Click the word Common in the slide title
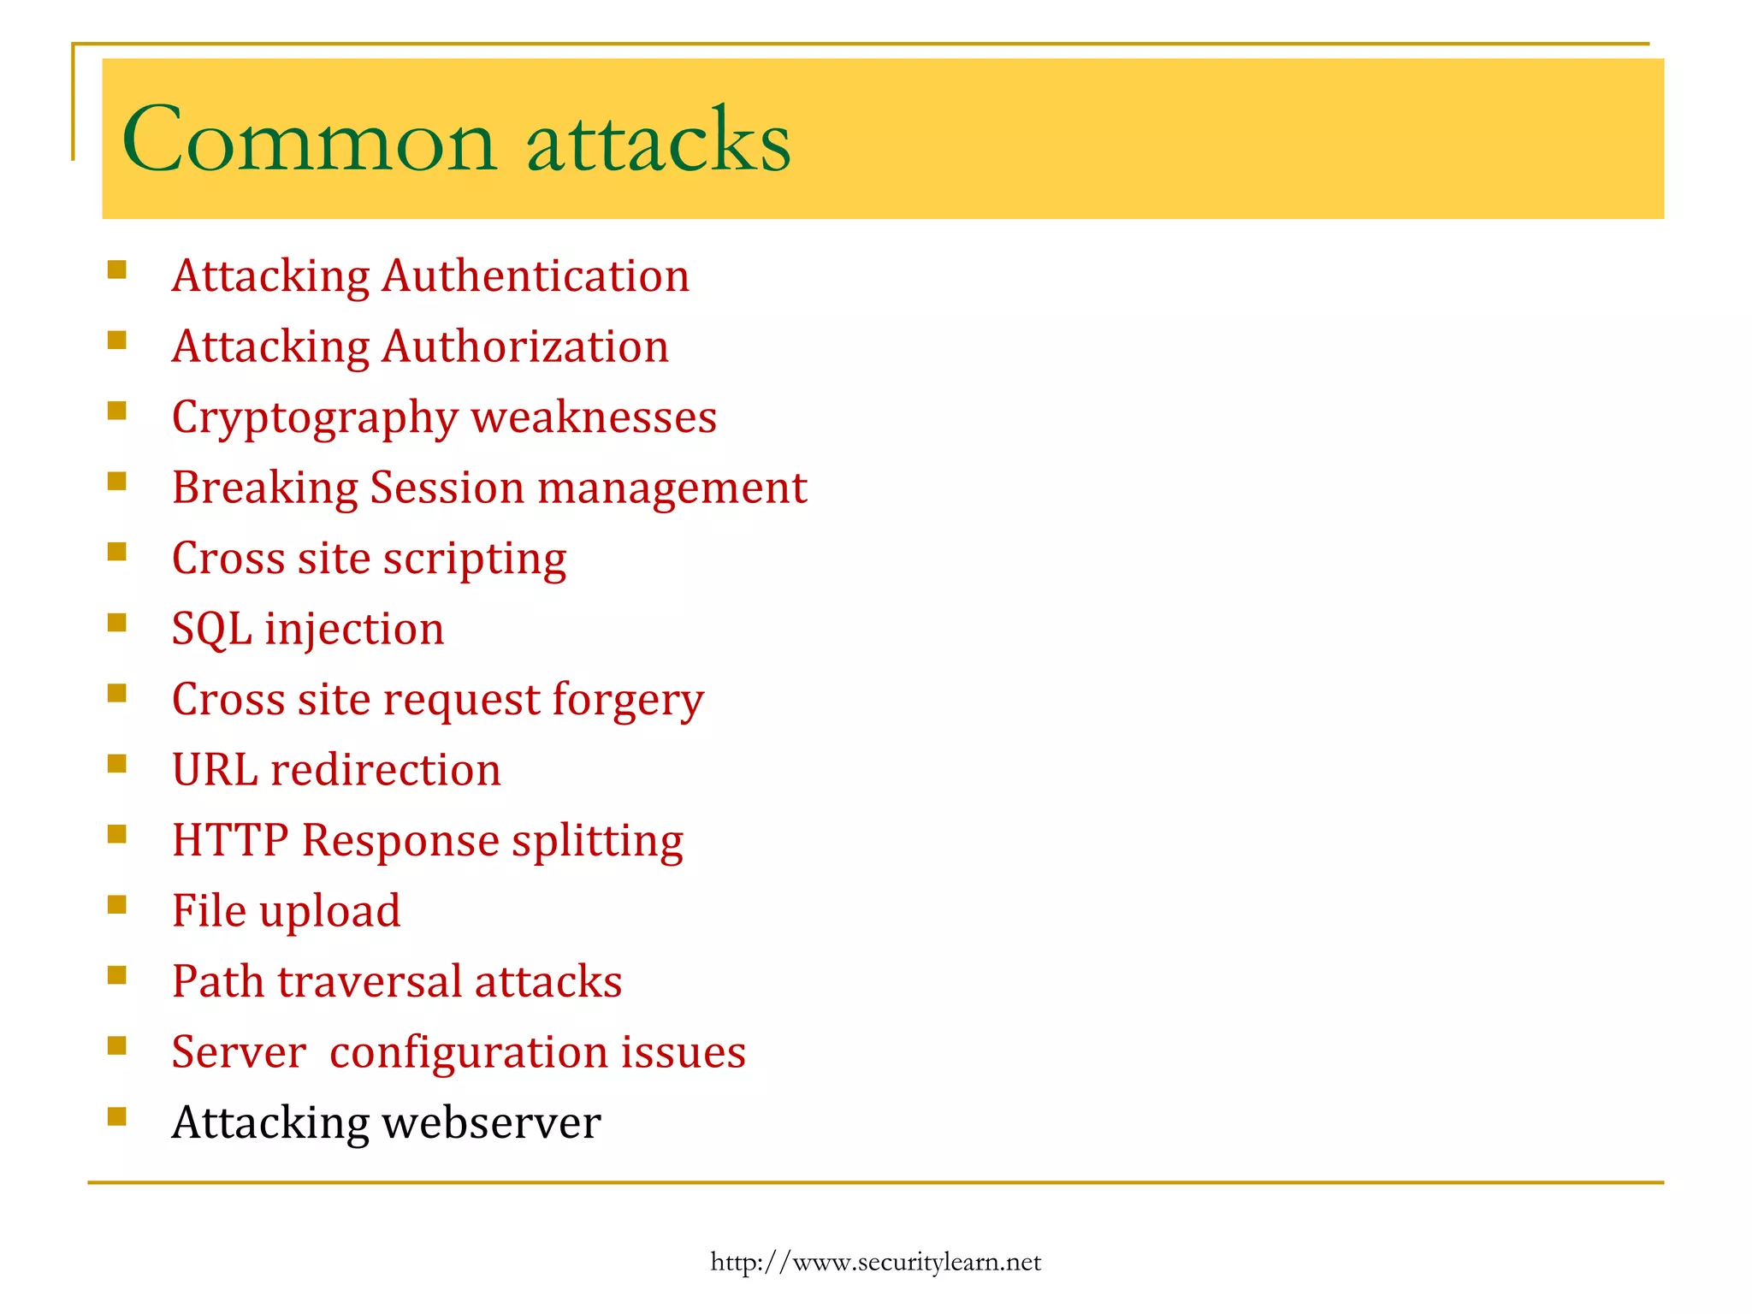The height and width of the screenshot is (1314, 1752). (x=309, y=140)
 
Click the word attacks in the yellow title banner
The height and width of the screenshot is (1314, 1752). (x=659, y=140)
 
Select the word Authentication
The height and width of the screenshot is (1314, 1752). (x=536, y=276)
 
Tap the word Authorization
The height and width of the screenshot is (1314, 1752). (x=525, y=347)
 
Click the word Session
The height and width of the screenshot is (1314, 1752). (x=447, y=488)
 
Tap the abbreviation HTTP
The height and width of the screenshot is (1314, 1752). (x=230, y=840)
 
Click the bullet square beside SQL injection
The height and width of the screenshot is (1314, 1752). (x=117, y=622)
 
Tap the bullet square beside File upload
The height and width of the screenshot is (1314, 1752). (x=117, y=904)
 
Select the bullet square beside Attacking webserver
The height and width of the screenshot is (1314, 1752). (x=117, y=1116)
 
